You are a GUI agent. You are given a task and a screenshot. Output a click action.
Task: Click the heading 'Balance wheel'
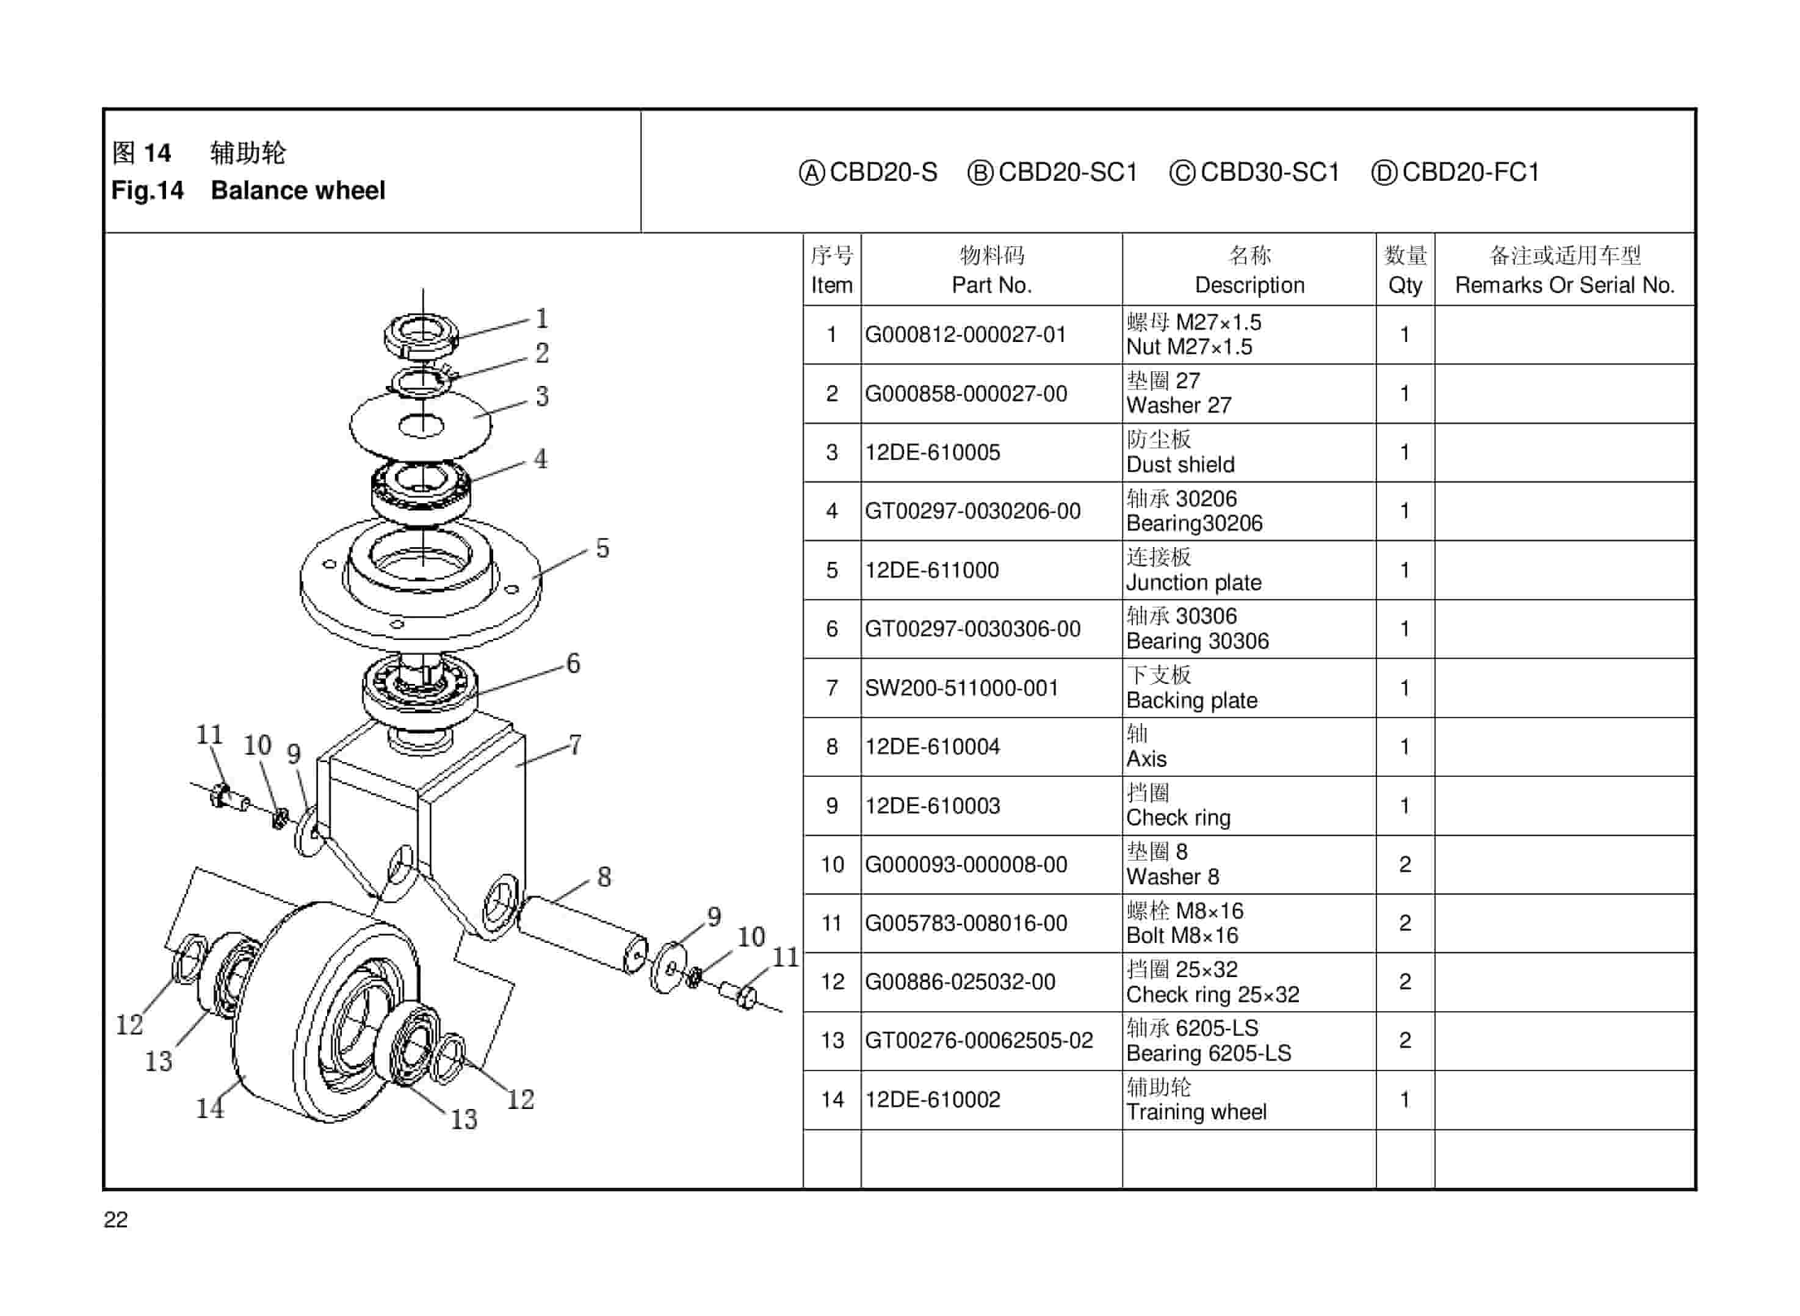pyautogui.click(x=297, y=191)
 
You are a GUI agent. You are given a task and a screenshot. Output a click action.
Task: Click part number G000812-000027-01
pyautogui.click(x=965, y=335)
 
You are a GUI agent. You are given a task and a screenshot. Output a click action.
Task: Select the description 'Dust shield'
pyautogui.click(x=1180, y=465)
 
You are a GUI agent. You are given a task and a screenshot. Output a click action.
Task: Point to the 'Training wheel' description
pyautogui.click(x=1195, y=1111)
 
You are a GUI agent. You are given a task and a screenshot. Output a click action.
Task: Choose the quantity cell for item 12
pyautogui.click(x=1404, y=981)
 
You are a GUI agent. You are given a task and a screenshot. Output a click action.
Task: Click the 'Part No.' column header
pyautogui.click(x=991, y=285)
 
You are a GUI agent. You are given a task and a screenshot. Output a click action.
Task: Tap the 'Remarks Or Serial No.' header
pyautogui.click(x=1564, y=285)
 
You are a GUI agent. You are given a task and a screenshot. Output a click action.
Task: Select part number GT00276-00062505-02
pyautogui.click(x=978, y=1041)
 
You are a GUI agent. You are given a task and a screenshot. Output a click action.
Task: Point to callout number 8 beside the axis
pyautogui.click(x=604, y=877)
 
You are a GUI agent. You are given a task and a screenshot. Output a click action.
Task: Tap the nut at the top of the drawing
pyautogui.click(x=421, y=335)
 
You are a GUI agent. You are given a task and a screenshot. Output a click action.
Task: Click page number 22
pyautogui.click(x=115, y=1220)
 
